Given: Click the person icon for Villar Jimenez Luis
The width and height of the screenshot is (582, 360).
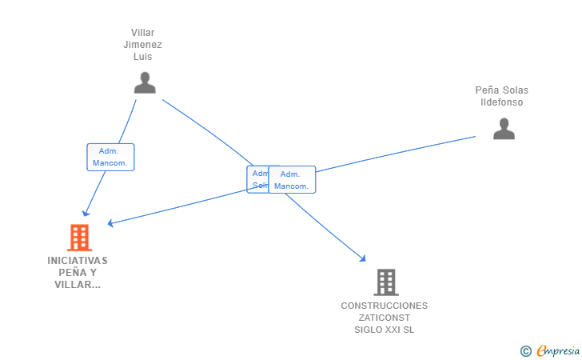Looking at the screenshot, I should pos(145,82).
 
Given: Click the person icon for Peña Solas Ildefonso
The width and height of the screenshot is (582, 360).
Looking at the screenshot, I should pos(504,128).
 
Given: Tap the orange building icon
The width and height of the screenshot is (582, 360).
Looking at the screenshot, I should pos(78,238).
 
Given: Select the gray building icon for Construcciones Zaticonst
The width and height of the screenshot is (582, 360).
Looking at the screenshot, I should pos(385,282).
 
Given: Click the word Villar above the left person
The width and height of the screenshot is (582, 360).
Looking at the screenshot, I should pos(143,33).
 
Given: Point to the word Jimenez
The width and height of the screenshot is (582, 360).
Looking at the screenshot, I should pos(143,45).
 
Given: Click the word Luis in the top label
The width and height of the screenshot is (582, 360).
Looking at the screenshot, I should pos(143,57).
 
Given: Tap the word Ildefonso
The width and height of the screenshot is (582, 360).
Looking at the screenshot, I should pos(502,102).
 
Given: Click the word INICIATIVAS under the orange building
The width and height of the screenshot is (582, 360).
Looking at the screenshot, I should pos(78,261).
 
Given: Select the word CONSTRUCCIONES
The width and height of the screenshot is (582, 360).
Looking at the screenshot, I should pos(385,306).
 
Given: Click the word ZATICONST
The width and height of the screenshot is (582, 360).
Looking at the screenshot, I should pos(385,318).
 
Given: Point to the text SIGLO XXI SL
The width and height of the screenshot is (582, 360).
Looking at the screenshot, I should pos(385,330).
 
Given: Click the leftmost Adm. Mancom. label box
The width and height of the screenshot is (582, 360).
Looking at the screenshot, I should pos(110,157).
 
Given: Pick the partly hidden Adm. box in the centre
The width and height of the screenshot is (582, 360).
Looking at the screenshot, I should pos(257,179).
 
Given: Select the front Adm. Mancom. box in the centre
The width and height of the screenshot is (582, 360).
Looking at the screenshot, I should pos(292,180).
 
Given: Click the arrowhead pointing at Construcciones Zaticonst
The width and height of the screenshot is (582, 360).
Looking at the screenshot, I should pos(363,258).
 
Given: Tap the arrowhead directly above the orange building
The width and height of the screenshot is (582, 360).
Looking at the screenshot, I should pos(86,214).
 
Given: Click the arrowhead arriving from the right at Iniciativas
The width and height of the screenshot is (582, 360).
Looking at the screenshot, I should pos(110,223).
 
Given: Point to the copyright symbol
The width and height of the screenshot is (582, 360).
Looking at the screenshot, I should pos(525,350).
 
